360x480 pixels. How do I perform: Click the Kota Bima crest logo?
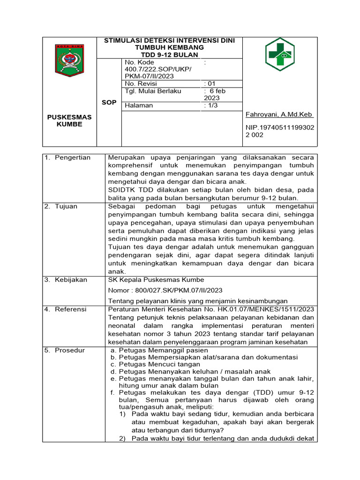click(x=69, y=60)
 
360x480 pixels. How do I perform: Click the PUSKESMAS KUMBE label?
click(x=69, y=120)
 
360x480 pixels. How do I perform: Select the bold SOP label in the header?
click(x=109, y=102)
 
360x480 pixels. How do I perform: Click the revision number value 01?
click(x=210, y=83)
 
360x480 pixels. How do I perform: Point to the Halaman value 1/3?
click(x=211, y=105)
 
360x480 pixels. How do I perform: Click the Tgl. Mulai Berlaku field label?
click(x=153, y=91)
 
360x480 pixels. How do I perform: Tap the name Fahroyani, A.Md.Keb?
click(x=279, y=115)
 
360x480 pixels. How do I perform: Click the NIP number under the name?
click(x=280, y=131)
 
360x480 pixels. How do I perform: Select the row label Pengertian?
click(x=72, y=157)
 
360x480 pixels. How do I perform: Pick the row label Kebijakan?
click(x=71, y=280)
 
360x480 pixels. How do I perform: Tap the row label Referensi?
click(x=70, y=309)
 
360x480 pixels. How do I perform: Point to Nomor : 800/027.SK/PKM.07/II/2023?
click(x=165, y=290)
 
